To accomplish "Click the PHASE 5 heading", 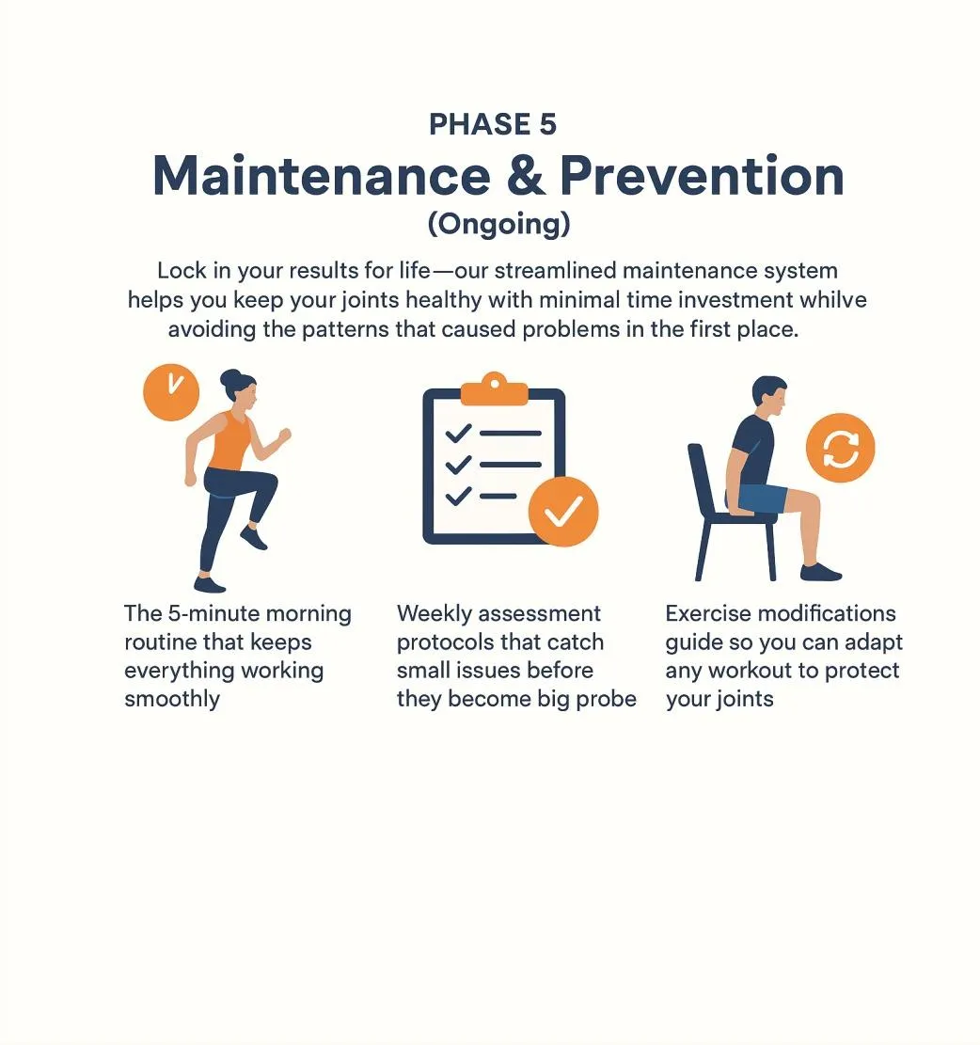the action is click(x=492, y=124).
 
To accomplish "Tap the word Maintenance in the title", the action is click(x=322, y=176).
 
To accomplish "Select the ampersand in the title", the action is click(x=525, y=176).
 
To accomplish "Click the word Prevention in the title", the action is click(x=703, y=176).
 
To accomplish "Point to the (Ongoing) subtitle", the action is click(x=499, y=224).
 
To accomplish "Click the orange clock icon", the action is click(x=171, y=392).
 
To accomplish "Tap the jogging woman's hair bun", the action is click(x=229, y=379).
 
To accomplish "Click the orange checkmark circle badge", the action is click(x=563, y=512).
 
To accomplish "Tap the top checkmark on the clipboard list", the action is click(x=458, y=434).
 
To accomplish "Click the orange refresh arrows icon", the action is click(x=840, y=448).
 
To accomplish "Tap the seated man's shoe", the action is click(x=821, y=572).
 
